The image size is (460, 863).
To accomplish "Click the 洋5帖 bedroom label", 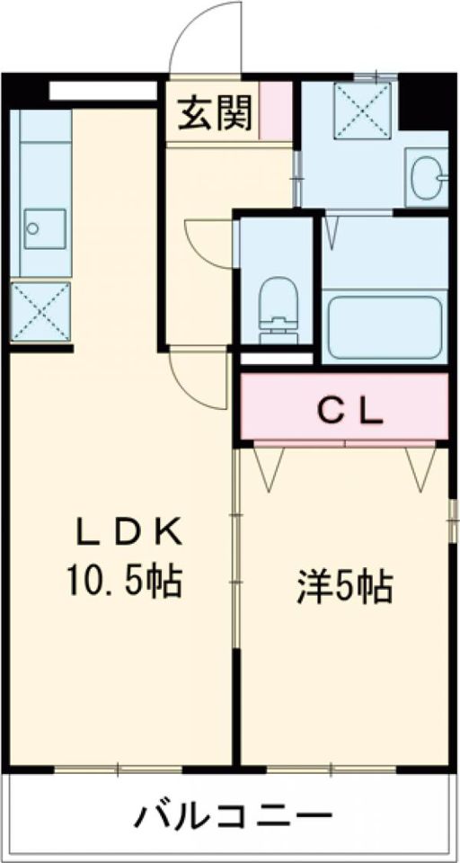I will pos(344,588).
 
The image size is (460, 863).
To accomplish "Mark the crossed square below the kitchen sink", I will pos(40,311).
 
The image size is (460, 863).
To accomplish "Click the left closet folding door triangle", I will pos(270,464).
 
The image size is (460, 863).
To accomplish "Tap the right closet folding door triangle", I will pos(418,464).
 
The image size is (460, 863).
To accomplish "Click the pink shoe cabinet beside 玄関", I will pos(278,111).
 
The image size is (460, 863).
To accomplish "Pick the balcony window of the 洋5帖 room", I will pos(332,770).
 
